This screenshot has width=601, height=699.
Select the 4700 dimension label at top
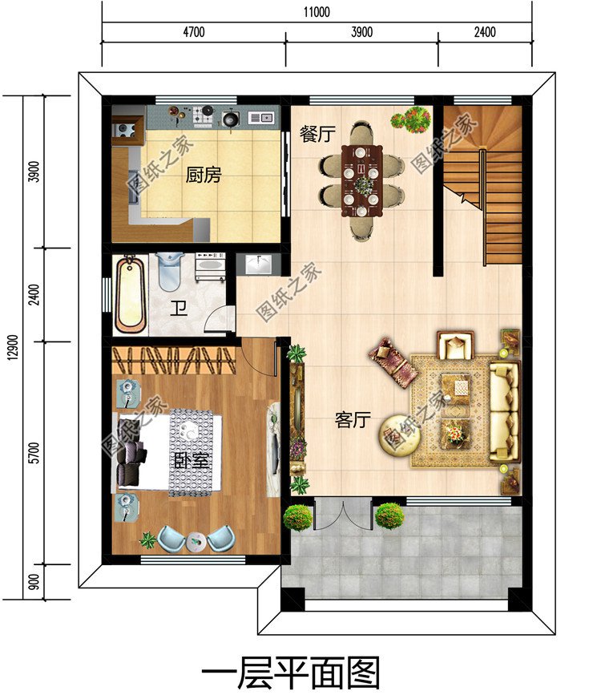194,33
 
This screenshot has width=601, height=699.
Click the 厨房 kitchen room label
204,175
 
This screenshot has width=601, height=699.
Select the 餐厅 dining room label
317,134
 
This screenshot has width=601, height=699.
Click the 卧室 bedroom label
192,461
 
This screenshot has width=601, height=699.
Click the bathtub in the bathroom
131,293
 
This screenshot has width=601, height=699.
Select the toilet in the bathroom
169,270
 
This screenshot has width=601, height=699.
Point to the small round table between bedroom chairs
195,542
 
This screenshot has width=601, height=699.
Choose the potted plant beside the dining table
409,119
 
